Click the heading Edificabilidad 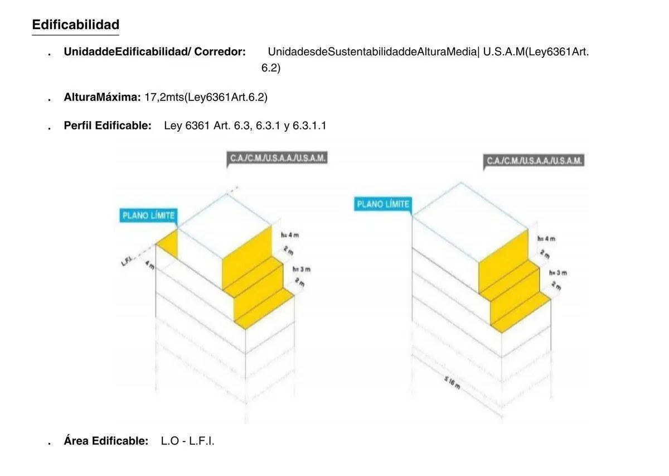coord(76,25)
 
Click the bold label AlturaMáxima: coord(102,97)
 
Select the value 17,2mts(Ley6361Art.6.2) coord(206,97)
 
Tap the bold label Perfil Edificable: coord(108,126)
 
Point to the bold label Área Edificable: coord(106,441)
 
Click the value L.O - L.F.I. coord(187,441)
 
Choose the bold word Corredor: coord(220,52)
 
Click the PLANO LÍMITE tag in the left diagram coord(148,215)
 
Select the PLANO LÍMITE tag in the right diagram coord(383,204)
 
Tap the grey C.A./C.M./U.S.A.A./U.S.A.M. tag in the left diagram coord(277,158)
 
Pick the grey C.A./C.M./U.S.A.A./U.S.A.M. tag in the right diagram coord(534,161)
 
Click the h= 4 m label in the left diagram coord(290,235)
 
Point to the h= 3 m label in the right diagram coord(558,273)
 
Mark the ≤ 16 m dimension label coord(452,383)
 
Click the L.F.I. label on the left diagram coord(127,261)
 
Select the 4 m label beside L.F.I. coord(150,265)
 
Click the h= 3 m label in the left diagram coord(302,270)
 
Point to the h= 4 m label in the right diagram coord(546,239)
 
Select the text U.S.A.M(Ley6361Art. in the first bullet coord(536,52)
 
